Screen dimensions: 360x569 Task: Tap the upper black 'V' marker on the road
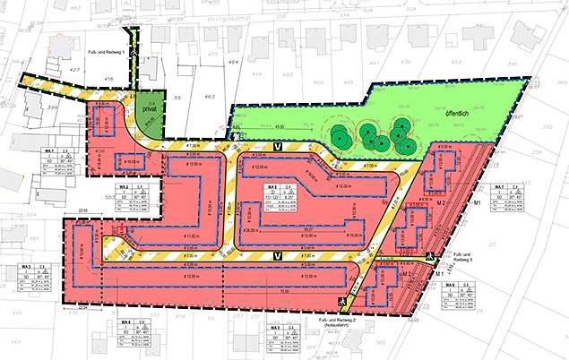(x=278, y=146)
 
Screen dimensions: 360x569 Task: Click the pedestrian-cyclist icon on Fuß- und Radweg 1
(x=134, y=52)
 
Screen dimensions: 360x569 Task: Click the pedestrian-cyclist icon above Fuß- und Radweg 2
(x=341, y=303)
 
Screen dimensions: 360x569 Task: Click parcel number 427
(x=76, y=68)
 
